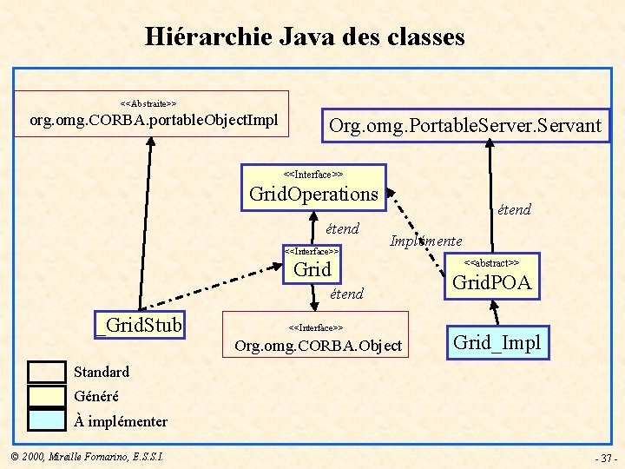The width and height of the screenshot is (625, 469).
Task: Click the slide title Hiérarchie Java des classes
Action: [305, 37]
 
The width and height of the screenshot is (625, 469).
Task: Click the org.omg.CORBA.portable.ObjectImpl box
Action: [153, 114]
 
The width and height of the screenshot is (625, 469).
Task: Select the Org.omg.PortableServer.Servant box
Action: [465, 126]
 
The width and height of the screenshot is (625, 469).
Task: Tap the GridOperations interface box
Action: [313, 186]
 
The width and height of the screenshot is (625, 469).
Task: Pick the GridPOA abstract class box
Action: [491, 275]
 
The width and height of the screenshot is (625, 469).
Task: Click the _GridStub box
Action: [139, 326]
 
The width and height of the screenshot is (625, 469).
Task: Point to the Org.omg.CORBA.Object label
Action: [319, 347]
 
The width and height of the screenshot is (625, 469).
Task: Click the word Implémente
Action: [425, 241]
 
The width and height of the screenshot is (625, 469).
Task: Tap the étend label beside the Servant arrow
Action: [514, 209]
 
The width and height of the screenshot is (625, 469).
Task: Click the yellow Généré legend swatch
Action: [46, 396]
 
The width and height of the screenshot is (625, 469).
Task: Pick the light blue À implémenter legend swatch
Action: [46, 419]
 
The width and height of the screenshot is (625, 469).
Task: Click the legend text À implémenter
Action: [121, 421]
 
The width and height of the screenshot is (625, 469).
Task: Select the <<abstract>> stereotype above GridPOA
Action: [491, 262]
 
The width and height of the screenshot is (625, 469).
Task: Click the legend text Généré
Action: [96, 396]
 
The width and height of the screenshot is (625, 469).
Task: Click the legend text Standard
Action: [102, 372]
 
